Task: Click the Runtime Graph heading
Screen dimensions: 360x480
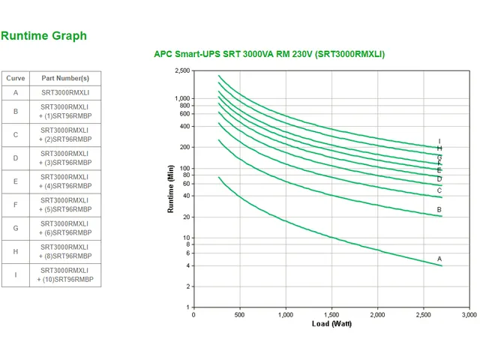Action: pyautogui.click(x=43, y=36)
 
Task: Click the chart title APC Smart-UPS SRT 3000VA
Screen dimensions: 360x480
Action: pyautogui.click(x=269, y=55)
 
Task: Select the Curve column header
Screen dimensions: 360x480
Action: pyautogui.click(x=15, y=78)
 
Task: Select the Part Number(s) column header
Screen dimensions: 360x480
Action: pyautogui.click(x=65, y=78)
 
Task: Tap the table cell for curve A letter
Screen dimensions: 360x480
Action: pyautogui.click(x=15, y=93)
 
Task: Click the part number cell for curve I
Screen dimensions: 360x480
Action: pyautogui.click(x=65, y=274)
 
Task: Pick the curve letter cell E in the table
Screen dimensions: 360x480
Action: pyautogui.click(x=15, y=181)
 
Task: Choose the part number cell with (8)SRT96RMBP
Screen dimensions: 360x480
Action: pyautogui.click(x=65, y=251)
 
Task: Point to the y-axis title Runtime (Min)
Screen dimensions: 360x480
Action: pyautogui.click(x=171, y=189)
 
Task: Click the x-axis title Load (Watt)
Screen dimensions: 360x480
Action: pyautogui.click(x=331, y=324)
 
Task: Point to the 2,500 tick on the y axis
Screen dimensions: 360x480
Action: pyautogui.click(x=182, y=71)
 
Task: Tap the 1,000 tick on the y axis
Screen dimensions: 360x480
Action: pyautogui.click(x=182, y=99)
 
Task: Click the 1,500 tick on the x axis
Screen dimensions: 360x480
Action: pyautogui.click(x=331, y=314)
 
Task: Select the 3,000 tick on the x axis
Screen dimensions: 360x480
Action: pyautogui.click(x=469, y=314)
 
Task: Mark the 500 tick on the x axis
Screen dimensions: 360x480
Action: pyautogui.click(x=239, y=314)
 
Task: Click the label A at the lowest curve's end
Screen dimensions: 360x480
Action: pyautogui.click(x=439, y=259)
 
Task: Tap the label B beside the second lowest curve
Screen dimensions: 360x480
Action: pyautogui.click(x=439, y=210)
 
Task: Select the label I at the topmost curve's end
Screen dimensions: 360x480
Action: pyautogui.click(x=439, y=141)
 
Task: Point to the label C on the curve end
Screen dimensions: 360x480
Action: pyautogui.click(x=439, y=190)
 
